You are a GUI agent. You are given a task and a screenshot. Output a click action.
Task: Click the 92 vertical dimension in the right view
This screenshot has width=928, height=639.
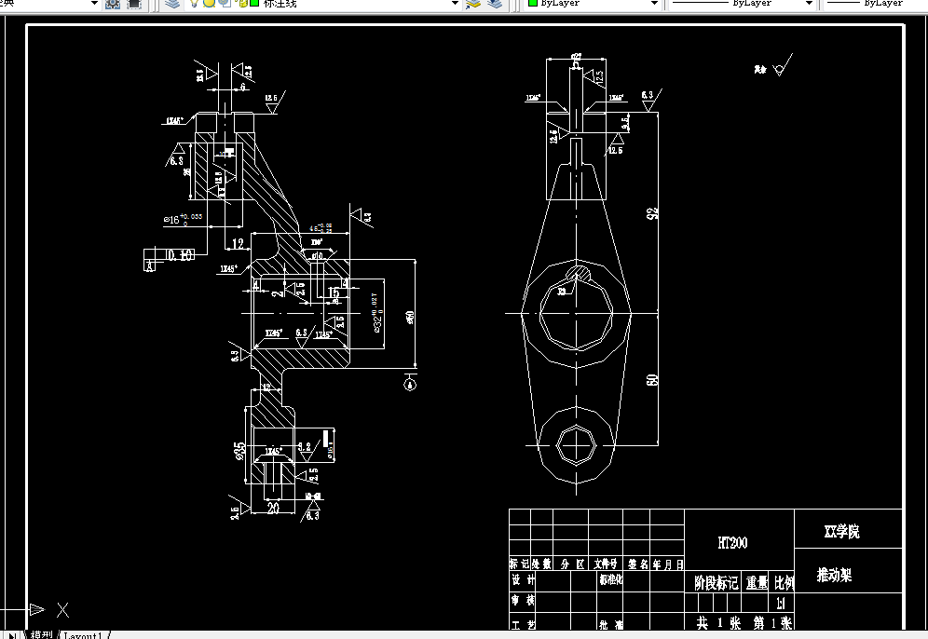click(x=652, y=212)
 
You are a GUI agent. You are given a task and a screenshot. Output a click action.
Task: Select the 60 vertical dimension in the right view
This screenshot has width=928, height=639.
click(x=652, y=380)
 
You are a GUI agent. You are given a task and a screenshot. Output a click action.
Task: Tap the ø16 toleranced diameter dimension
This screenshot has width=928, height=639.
click(x=182, y=220)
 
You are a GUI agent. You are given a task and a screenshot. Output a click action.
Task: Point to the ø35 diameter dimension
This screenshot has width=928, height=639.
click(x=239, y=452)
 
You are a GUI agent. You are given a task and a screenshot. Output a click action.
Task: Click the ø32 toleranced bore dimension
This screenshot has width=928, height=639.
click(x=377, y=317)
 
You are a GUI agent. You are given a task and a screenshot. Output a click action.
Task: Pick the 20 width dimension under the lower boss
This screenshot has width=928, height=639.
click(x=273, y=508)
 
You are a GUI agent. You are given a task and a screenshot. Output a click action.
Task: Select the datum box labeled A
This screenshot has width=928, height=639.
click(x=149, y=265)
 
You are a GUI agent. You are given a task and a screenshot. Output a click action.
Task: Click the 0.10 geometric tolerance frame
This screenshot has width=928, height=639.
click(x=180, y=254)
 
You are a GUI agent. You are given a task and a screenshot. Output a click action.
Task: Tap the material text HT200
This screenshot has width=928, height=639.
click(x=731, y=543)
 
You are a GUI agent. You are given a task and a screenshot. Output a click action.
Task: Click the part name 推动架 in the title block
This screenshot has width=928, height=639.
click(x=834, y=575)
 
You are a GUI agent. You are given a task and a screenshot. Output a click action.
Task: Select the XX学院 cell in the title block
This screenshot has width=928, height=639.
click(x=841, y=532)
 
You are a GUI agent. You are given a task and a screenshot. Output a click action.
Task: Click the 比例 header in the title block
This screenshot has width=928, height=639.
click(x=784, y=583)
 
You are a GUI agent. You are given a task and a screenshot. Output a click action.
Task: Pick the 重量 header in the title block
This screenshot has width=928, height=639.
click(x=756, y=583)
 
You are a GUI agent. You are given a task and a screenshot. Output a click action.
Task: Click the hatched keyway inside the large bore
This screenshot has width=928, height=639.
click(x=579, y=273)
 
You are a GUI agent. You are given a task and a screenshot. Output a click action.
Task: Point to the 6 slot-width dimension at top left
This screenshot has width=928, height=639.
click(x=242, y=87)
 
